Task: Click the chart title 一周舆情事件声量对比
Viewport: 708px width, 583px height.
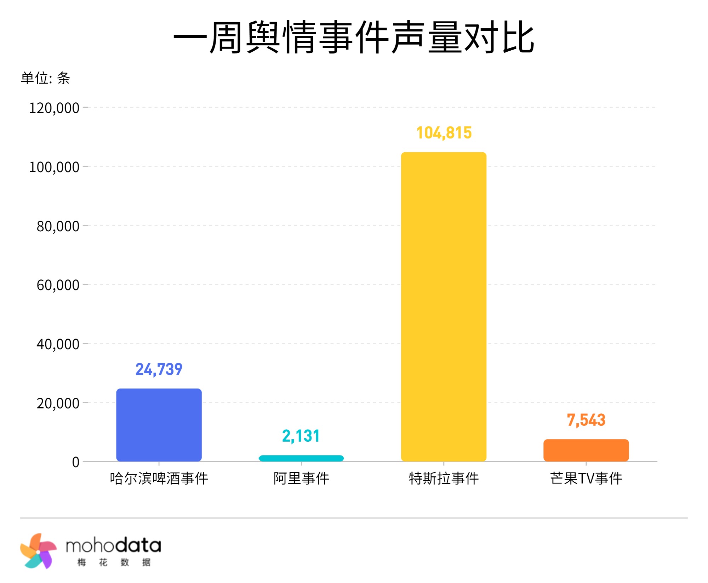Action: click(x=354, y=37)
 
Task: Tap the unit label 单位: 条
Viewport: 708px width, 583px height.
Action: click(x=45, y=78)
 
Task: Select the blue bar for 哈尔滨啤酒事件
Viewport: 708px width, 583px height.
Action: click(x=159, y=425)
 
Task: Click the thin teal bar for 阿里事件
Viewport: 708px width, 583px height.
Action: click(x=301, y=458)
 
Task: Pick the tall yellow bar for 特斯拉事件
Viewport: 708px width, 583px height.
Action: click(x=444, y=306)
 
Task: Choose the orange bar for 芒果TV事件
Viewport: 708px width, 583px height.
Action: click(x=586, y=450)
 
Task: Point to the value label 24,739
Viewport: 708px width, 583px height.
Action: click(x=159, y=369)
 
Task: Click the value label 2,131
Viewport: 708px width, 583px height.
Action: click(x=301, y=436)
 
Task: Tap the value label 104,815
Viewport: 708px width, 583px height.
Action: click(x=444, y=133)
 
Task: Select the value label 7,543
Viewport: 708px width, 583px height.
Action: click(x=586, y=420)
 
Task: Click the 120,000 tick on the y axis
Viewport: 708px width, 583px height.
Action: click(x=54, y=108)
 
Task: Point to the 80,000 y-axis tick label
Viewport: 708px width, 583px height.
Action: click(x=58, y=226)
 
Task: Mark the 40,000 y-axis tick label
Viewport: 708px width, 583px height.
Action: click(x=58, y=344)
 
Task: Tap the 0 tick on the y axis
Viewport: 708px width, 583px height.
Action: click(x=75, y=462)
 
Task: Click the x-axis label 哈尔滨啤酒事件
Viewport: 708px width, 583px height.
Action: click(x=159, y=478)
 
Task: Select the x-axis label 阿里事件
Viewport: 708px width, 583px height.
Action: click(x=301, y=478)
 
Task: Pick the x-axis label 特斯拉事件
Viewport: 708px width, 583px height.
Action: click(x=444, y=478)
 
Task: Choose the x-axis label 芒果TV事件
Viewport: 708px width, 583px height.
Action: click(x=586, y=478)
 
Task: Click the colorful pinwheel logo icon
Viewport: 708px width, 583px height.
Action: click(x=38, y=551)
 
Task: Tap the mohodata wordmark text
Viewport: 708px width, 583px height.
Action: click(x=114, y=546)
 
